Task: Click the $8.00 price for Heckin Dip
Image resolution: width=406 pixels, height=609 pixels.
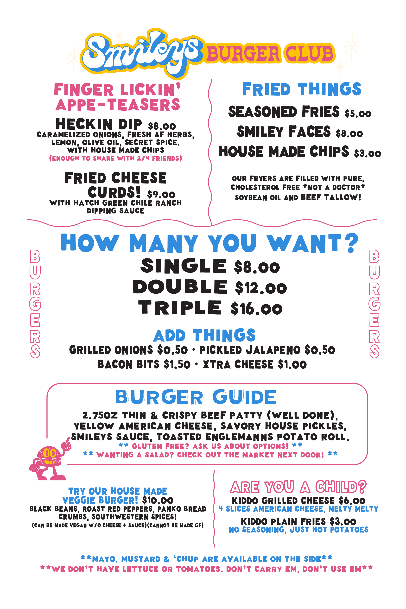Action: click(162, 126)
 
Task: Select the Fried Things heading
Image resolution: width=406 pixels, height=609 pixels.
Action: click(302, 89)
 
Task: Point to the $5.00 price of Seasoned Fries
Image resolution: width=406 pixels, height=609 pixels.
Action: click(358, 113)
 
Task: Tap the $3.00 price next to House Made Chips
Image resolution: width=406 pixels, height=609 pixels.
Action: click(367, 153)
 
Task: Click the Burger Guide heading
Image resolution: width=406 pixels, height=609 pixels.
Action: click(196, 397)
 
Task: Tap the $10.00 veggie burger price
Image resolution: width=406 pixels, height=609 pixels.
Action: click(158, 500)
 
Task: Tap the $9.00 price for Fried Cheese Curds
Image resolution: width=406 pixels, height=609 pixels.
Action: click(161, 194)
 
